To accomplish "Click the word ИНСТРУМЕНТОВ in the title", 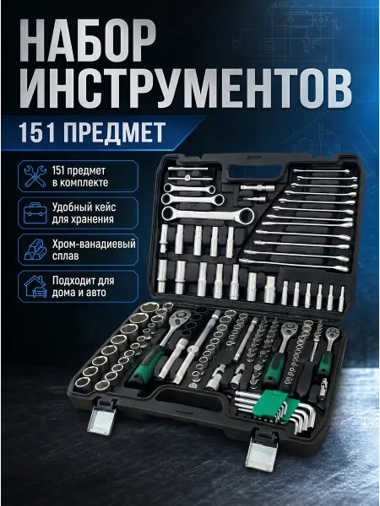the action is (x=186, y=89).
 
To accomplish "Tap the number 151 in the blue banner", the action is (x=36, y=132).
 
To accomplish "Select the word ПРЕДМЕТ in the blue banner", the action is (x=113, y=132).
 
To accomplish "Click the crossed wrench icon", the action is (x=35, y=176).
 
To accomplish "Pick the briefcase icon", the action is (x=35, y=213).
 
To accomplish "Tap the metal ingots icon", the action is (x=35, y=250).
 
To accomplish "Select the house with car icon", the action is (x=35, y=286).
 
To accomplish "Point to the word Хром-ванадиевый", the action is (x=94, y=244).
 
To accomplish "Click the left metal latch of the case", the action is (x=100, y=418).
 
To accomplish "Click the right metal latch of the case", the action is (x=262, y=451).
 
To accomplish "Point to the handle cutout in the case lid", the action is (x=255, y=172).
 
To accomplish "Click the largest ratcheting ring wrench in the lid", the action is (x=209, y=214).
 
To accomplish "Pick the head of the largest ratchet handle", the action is (x=181, y=319).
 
